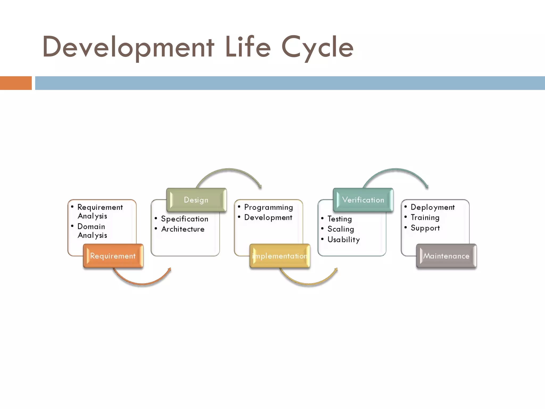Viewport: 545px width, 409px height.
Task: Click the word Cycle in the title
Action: click(317, 47)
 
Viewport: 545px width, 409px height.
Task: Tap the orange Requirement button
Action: click(113, 256)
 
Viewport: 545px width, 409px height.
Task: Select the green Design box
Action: click(196, 200)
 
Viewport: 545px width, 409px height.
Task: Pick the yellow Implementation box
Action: click(280, 256)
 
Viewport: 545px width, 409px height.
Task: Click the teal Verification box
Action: click(363, 200)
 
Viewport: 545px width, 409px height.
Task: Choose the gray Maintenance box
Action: click(446, 256)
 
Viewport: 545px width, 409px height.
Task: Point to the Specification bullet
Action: click(184, 219)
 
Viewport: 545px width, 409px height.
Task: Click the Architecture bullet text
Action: click(183, 229)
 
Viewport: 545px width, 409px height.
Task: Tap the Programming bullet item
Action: click(268, 207)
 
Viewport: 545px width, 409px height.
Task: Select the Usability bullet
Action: click(344, 240)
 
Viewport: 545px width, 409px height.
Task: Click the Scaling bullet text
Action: click(341, 229)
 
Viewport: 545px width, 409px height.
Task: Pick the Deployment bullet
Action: click(432, 207)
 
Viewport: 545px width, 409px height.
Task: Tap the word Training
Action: click(425, 218)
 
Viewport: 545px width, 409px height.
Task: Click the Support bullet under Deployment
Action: click(425, 228)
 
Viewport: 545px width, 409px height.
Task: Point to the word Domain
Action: click(91, 227)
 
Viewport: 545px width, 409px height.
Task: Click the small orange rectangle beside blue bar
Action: click(16, 83)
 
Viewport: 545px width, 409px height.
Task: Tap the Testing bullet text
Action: click(340, 219)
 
